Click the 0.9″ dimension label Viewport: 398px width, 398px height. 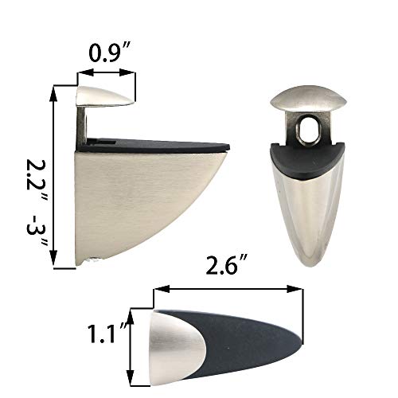(x=107, y=56)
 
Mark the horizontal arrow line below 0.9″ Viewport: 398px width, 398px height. (x=107, y=73)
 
